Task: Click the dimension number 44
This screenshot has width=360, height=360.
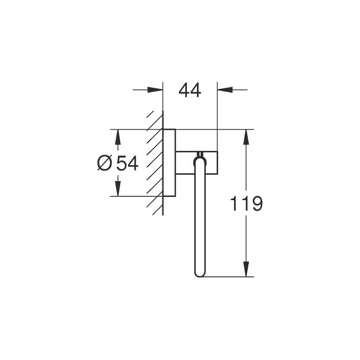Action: tap(190, 91)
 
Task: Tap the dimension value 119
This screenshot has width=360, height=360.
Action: tap(247, 204)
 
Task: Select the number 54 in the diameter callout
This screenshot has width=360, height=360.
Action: tap(127, 164)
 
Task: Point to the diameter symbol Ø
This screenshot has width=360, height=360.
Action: tap(104, 164)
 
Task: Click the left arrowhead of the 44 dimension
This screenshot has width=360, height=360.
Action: tap(157, 89)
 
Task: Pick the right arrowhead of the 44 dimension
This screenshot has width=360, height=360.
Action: tap(222, 89)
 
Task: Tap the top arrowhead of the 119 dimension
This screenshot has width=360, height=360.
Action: tap(247, 136)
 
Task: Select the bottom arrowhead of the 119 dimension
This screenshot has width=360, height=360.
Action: tap(247, 271)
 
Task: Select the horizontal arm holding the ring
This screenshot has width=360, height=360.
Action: tap(196, 162)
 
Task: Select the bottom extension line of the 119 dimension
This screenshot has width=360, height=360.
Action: tap(228, 276)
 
